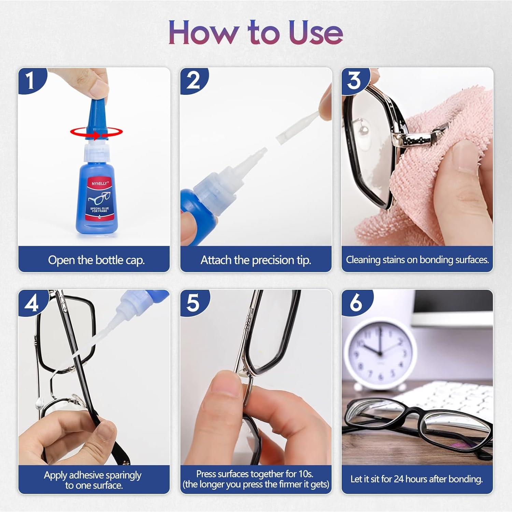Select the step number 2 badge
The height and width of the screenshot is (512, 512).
[x=193, y=81]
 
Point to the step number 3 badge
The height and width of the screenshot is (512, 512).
[x=354, y=81]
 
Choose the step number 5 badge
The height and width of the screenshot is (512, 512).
[x=193, y=303]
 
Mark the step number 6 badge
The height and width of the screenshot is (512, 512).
[x=355, y=303]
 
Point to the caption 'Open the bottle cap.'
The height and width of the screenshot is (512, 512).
[x=96, y=260]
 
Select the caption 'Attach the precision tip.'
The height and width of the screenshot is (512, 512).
[x=256, y=260]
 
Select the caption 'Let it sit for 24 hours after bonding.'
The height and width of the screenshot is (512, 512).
[x=416, y=479]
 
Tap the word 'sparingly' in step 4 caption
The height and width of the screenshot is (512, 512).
[x=123, y=475]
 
